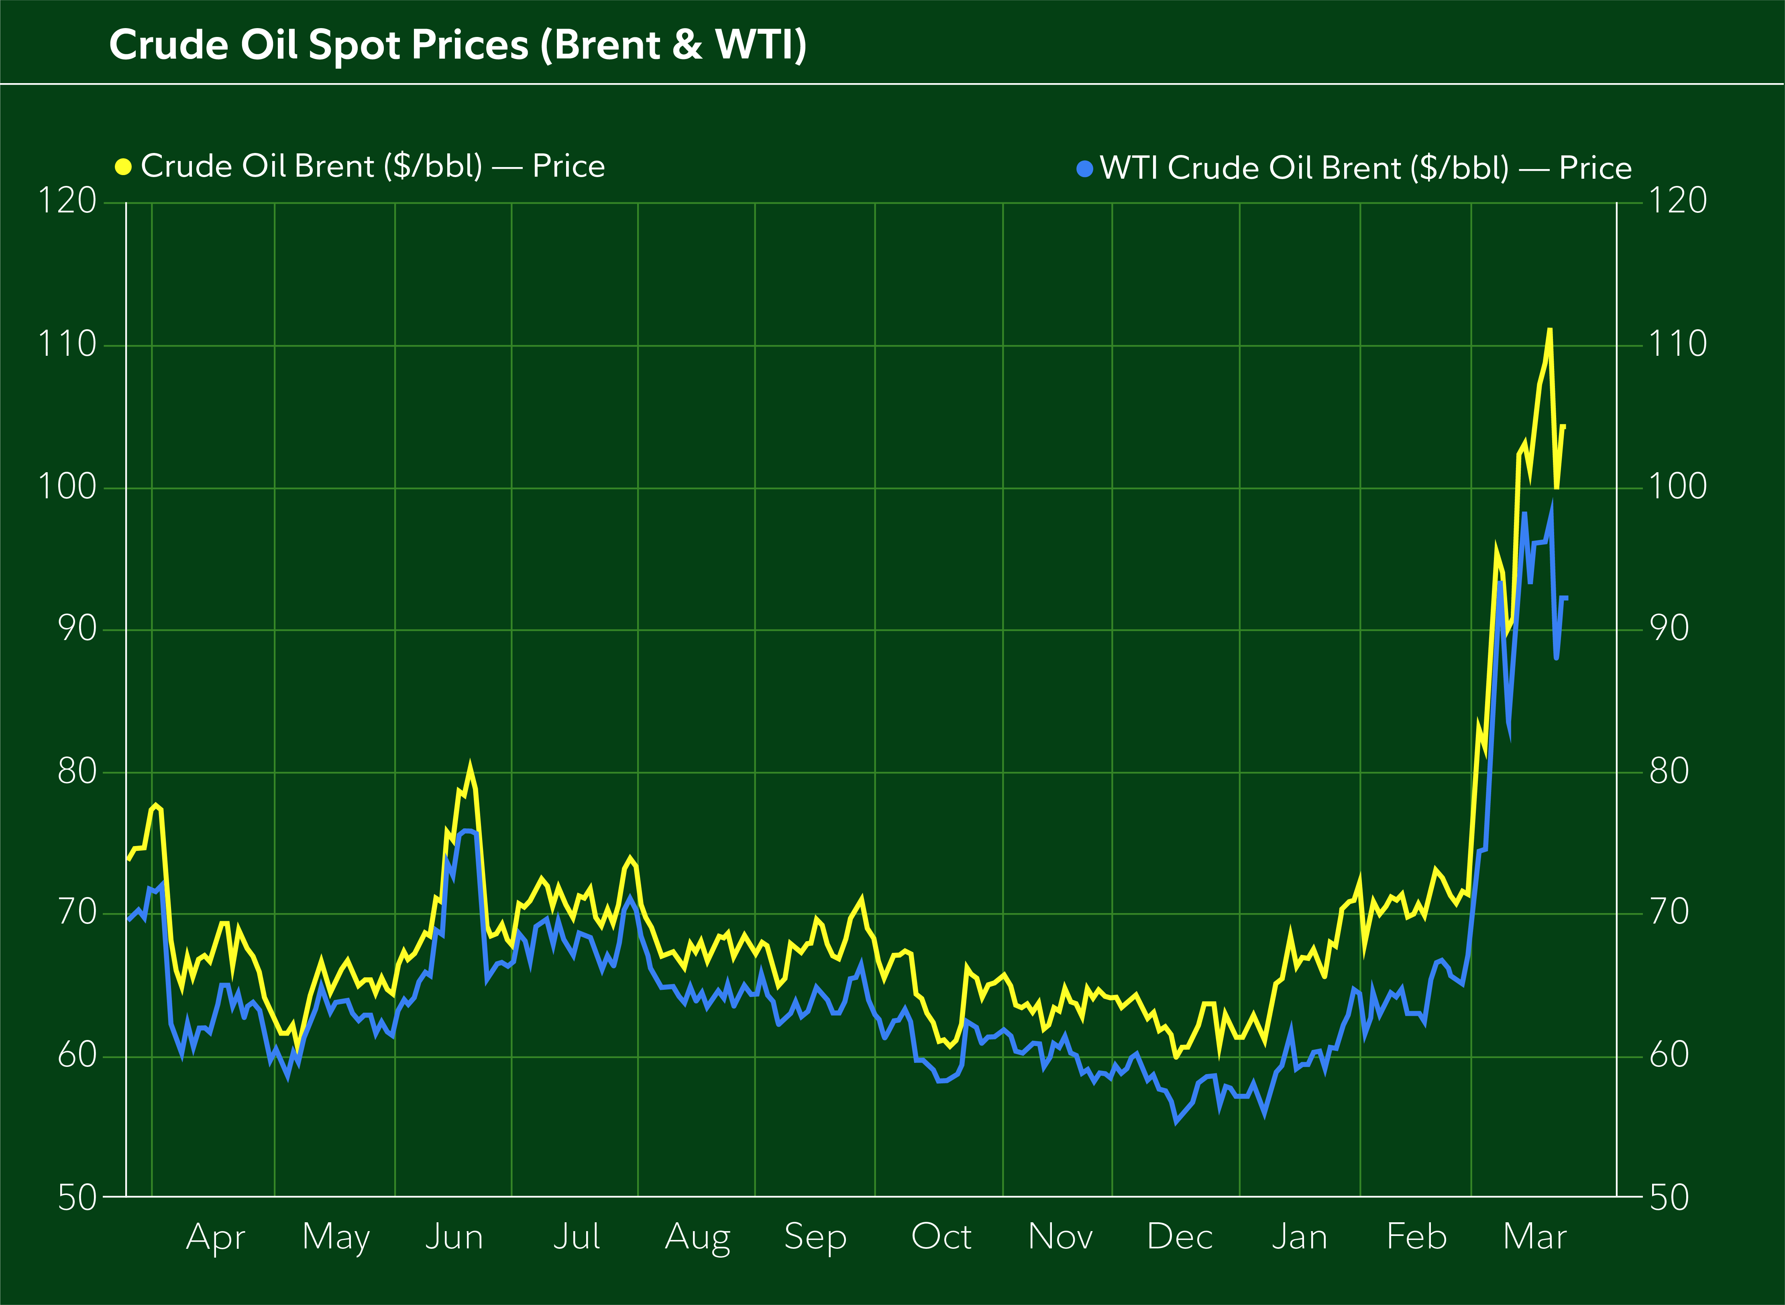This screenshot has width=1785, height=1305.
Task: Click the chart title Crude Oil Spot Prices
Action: pyautogui.click(x=457, y=45)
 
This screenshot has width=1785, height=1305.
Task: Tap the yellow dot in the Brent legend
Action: pyautogui.click(x=123, y=167)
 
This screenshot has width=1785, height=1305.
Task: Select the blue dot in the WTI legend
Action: pyautogui.click(x=1084, y=168)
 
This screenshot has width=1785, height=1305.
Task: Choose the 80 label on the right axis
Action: pyautogui.click(x=1669, y=771)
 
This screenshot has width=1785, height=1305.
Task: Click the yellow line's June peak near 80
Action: pyautogui.click(x=470, y=766)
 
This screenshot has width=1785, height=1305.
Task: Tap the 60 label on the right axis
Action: pyautogui.click(x=1669, y=1055)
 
